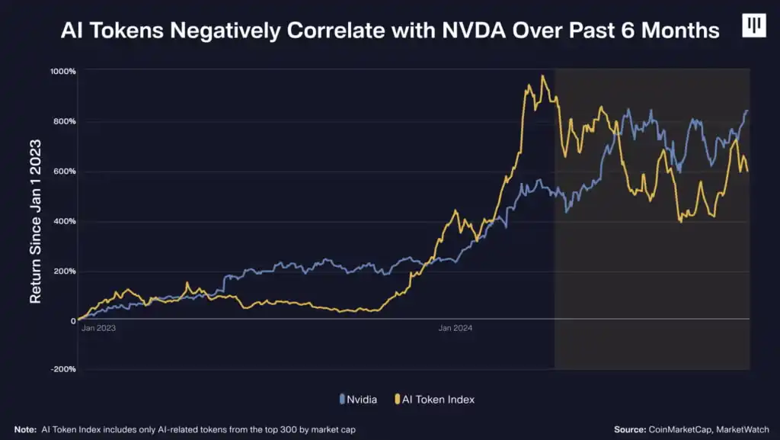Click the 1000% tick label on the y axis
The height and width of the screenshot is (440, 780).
coord(63,72)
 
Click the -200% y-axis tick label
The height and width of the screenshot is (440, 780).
coord(62,370)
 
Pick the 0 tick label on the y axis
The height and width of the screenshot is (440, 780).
coord(72,321)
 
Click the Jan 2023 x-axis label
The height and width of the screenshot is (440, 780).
coord(98,328)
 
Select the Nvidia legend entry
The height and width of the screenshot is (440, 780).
coord(359,399)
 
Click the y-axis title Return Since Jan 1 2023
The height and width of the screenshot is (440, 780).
coord(36,221)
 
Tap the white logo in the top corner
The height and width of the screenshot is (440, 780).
coord(753,26)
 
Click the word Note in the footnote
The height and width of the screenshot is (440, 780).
coord(25,429)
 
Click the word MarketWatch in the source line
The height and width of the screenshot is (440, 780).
coord(742,429)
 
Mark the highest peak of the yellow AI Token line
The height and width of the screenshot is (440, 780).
coord(542,75)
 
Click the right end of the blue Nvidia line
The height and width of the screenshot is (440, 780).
coord(747,111)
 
